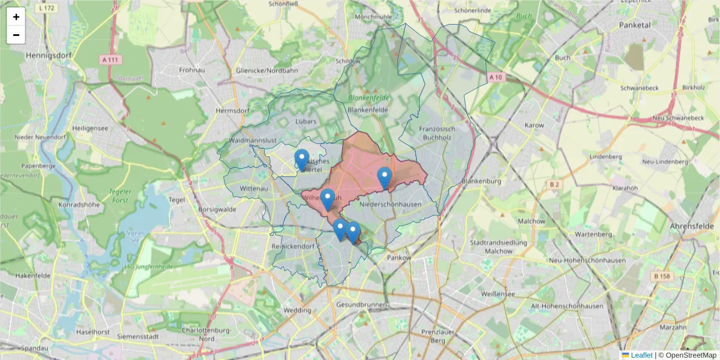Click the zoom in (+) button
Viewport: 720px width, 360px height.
point(16,17)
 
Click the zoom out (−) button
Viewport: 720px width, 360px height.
point(16,35)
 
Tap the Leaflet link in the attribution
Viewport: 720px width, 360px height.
point(641,355)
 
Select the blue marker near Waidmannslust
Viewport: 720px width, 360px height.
point(302,160)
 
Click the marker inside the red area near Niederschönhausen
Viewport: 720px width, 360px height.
point(385,178)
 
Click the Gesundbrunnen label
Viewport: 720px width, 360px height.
point(362,305)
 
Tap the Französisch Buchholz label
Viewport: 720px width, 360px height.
point(437,133)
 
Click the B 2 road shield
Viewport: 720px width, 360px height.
point(554,185)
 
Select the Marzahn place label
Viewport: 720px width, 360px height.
point(673,328)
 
